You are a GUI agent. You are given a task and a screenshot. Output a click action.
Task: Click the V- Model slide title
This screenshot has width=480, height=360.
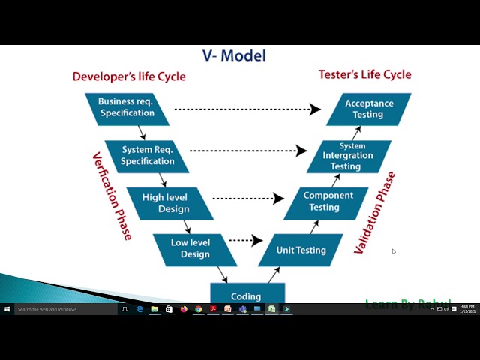click(x=234, y=55)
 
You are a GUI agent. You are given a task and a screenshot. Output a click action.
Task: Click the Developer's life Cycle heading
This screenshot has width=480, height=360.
click(x=128, y=76)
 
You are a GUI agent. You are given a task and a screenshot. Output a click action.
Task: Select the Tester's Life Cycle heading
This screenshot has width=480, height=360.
click(x=364, y=74)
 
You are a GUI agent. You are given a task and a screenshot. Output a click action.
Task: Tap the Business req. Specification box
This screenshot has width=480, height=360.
click(x=127, y=108)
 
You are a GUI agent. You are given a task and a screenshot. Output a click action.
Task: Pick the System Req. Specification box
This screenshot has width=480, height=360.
click(x=147, y=156)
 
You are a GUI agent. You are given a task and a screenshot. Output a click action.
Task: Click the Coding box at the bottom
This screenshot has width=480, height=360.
click(x=246, y=295)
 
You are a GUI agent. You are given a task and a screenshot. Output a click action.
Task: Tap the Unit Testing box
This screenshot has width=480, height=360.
click(x=301, y=250)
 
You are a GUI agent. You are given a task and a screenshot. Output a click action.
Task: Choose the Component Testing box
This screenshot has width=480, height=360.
click(x=328, y=202)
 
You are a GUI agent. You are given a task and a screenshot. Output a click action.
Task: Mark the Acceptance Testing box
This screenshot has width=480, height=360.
click(x=369, y=109)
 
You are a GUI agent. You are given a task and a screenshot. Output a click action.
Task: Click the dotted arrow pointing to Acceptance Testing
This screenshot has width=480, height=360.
click(x=247, y=109)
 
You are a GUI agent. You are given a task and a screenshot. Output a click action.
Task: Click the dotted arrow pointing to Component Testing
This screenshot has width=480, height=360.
click(x=248, y=199)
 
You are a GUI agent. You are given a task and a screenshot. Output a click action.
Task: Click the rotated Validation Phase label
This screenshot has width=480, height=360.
click(x=374, y=213)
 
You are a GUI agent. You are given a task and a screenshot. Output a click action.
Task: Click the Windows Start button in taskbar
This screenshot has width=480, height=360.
click(x=7, y=309)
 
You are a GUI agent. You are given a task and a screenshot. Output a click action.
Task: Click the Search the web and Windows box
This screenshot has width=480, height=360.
click(x=66, y=309)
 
